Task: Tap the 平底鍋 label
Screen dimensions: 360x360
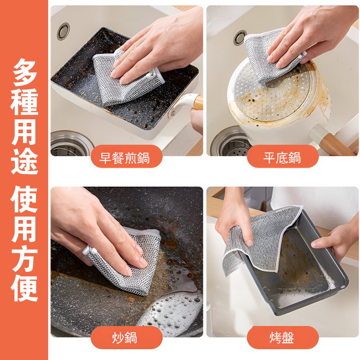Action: pyautogui.click(x=282, y=158)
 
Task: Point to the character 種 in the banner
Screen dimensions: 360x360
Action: pyautogui.click(x=25, y=104)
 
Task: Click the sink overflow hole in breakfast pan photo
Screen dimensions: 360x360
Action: pyautogui.click(x=63, y=31)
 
